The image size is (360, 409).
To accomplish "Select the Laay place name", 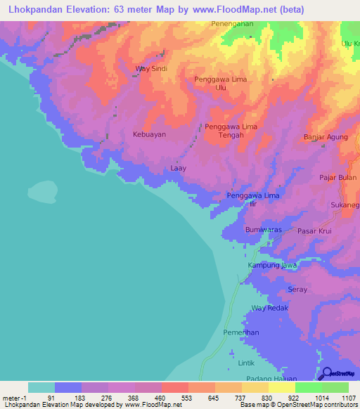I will pos(179,169).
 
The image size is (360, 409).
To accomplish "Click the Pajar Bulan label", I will pos(337,178).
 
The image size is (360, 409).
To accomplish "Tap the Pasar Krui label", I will pos(314,231).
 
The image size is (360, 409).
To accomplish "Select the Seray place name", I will pos(298,290).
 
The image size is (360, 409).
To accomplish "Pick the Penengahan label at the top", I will pos(232,24).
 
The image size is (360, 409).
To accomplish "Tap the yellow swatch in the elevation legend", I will pos(281,387).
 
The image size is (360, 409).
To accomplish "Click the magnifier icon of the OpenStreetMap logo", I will pos(326,372).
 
